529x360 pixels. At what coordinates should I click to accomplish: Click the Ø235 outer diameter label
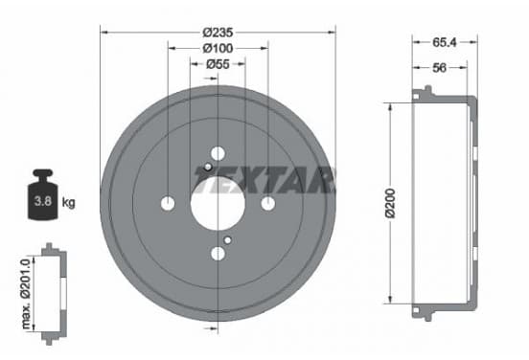coord(218,33)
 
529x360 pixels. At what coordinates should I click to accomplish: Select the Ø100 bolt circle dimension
coord(218,49)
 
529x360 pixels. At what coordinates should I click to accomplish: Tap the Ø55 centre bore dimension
coord(218,64)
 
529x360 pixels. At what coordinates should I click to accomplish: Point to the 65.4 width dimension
coord(445,42)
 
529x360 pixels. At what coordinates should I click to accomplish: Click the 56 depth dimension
coord(439,68)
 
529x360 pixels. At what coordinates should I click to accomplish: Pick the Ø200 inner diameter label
coord(390,204)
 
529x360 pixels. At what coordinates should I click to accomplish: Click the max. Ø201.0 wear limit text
coord(26,293)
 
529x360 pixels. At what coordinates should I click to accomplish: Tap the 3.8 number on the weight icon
coord(43,201)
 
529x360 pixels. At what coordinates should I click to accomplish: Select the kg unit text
coord(68,203)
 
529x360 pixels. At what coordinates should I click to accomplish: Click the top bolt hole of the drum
coord(218,154)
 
